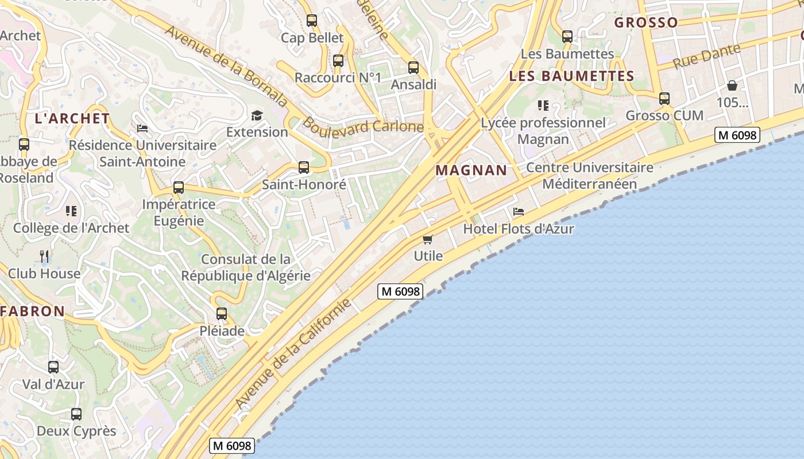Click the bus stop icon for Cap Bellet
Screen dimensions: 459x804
312,21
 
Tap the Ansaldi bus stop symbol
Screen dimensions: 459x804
413,68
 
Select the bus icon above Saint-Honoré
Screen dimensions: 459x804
304,168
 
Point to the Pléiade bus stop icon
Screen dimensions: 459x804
222,314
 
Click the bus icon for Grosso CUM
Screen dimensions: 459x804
664,99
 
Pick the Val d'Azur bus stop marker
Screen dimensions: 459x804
53,367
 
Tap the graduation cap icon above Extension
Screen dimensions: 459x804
257,115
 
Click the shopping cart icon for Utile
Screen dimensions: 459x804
427,239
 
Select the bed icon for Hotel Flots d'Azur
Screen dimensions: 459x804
519,212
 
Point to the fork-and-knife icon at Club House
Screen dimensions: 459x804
44,256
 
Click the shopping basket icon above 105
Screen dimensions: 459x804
732,85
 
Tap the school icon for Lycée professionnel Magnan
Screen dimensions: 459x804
543,106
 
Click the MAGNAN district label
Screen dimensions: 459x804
471,170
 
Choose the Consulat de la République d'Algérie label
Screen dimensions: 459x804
246,267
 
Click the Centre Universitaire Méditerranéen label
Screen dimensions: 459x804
590,176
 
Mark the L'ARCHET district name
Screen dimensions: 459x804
72,119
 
